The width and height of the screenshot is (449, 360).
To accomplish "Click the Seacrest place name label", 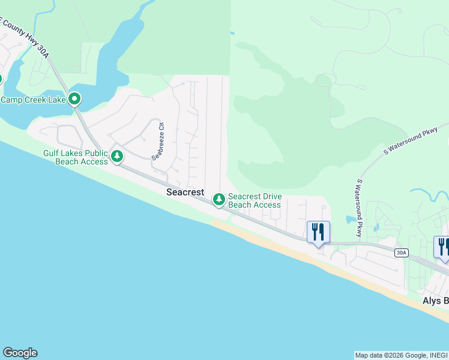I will [185, 192].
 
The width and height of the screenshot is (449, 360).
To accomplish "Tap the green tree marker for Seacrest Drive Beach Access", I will [219, 198].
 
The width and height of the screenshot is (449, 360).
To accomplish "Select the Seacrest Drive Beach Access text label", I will [255, 200].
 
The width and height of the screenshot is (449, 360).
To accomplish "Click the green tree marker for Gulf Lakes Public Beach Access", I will [117, 157].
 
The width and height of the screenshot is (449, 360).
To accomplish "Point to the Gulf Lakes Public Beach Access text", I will [76, 157].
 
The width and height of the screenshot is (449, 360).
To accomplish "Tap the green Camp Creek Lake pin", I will [74, 98].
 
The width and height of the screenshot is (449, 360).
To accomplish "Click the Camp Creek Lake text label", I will [33, 100].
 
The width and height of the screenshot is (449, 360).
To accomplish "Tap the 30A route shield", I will [402, 253].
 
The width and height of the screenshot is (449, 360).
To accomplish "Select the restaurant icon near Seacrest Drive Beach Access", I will [318, 232].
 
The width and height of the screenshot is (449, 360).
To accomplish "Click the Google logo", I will [20, 353].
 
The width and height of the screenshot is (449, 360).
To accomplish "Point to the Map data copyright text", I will [400, 355].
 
